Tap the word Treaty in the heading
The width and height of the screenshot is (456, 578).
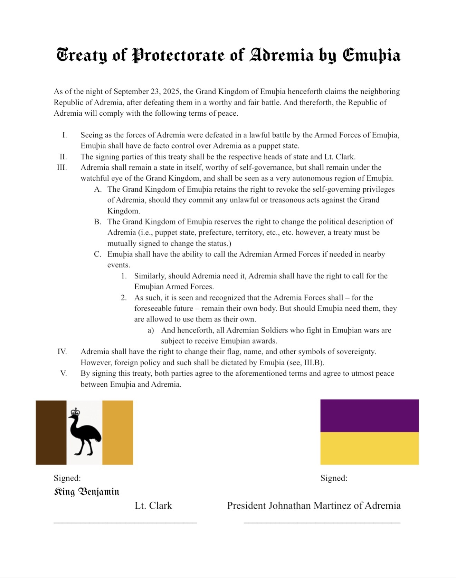(x=82, y=55)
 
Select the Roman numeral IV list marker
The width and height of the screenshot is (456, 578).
(x=62, y=351)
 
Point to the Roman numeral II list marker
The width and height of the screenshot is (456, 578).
(x=63, y=157)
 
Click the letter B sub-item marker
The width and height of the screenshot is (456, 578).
(x=97, y=222)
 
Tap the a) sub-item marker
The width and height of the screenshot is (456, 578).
(x=151, y=330)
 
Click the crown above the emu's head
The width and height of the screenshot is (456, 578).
(x=75, y=412)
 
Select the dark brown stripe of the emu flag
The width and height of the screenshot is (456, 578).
(x=51, y=432)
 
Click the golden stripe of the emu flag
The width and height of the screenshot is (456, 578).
(x=117, y=432)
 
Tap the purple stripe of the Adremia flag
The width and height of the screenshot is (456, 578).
(x=369, y=415)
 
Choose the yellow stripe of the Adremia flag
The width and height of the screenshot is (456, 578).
(x=369, y=448)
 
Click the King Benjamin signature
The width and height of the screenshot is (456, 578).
(x=86, y=492)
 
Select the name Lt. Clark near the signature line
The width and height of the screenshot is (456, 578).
(x=153, y=506)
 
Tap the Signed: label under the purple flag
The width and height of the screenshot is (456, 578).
(x=334, y=478)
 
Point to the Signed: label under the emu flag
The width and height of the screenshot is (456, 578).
(x=67, y=478)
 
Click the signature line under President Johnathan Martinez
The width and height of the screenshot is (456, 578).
(x=322, y=523)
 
